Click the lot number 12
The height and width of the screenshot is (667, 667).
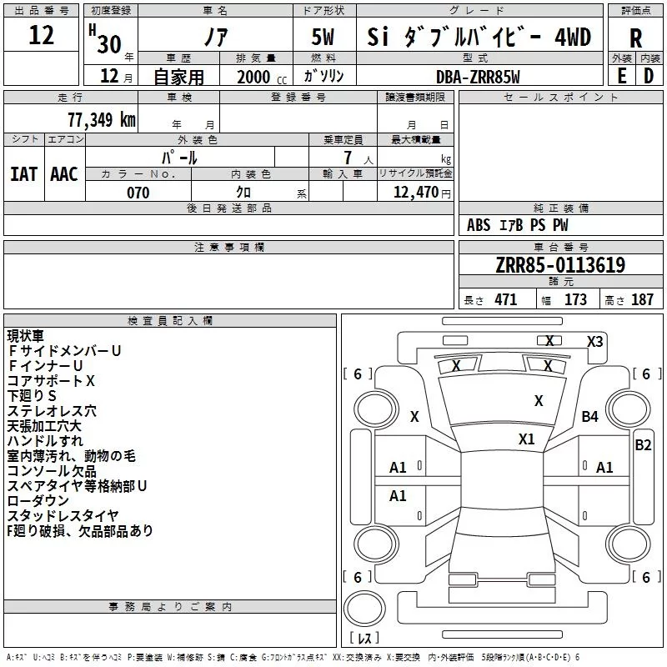coord(41,36)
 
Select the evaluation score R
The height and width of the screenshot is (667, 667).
coord(635,38)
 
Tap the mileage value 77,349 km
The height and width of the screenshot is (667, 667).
coord(98,120)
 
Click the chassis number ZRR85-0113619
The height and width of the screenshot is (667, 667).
coord(560,265)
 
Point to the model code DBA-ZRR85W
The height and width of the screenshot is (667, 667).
coord(478,77)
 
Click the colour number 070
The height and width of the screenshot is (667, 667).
coord(138,193)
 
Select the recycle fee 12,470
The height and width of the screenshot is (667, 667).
coord(414,193)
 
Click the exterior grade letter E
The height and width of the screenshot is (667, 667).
coord(621,75)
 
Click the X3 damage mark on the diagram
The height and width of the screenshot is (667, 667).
coord(594,341)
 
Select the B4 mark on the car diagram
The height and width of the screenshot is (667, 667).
coord(590,416)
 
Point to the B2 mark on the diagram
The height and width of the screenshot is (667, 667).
coord(643,444)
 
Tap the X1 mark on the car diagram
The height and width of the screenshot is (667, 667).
coord(527,439)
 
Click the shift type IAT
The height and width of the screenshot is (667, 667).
coord(24,173)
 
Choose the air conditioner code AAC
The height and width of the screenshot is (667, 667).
coord(63,173)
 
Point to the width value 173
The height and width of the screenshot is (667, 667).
coord(575,300)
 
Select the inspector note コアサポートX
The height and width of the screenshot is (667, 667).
coord(52,380)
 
